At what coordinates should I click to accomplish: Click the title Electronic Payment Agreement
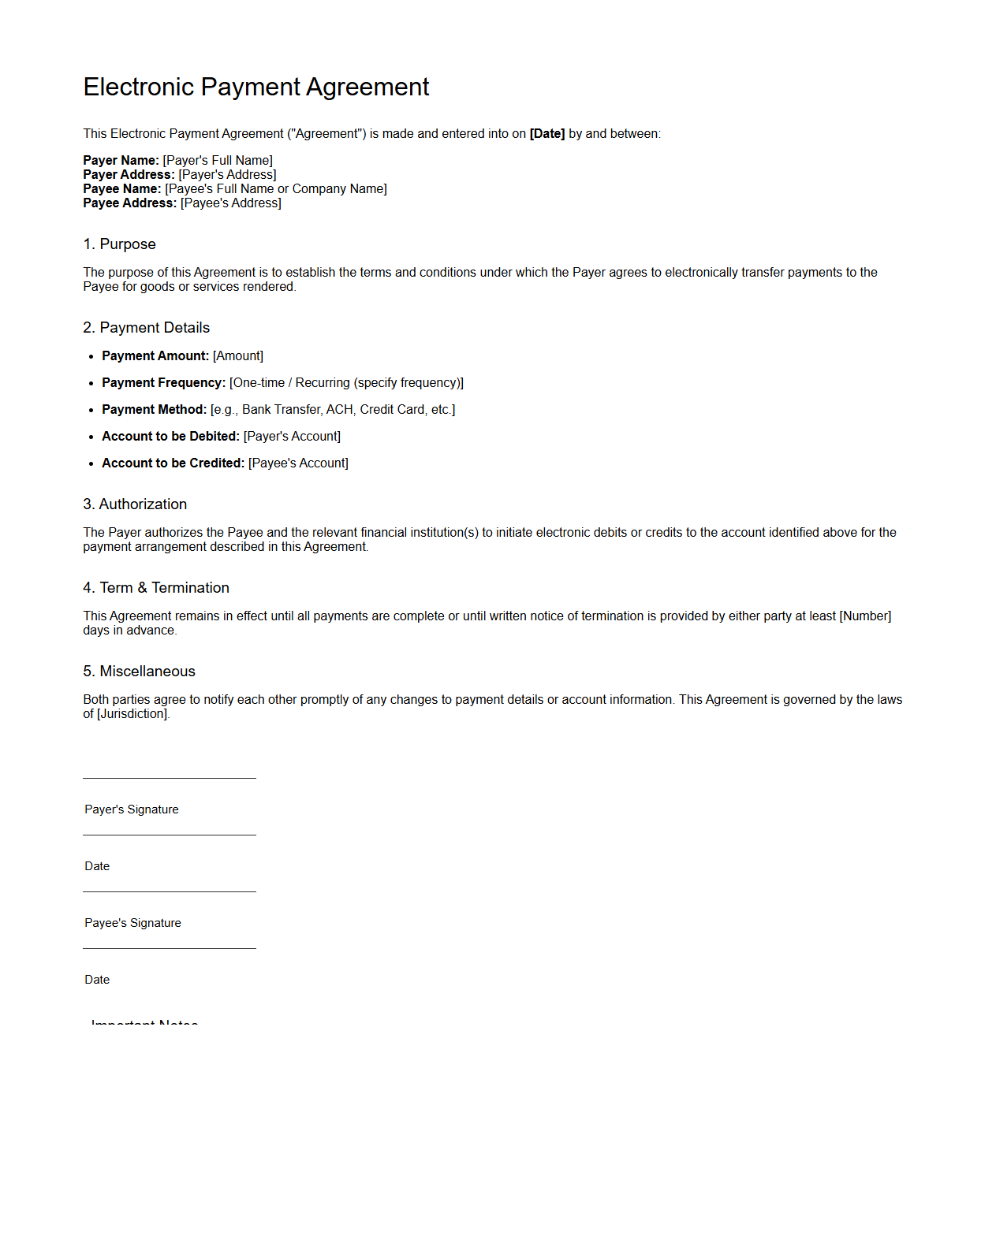[256, 87]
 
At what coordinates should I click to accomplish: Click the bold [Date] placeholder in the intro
[547, 134]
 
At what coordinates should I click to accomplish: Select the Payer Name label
[121, 161]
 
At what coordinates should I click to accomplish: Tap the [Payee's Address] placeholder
[230, 203]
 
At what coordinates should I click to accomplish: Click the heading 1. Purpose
[120, 244]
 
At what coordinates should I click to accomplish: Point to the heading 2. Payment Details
[147, 328]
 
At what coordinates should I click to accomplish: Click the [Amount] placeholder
[238, 356]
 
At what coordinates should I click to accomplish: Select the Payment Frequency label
[163, 383]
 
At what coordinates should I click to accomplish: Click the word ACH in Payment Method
[340, 410]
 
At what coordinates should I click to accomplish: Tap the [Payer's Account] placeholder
[292, 437]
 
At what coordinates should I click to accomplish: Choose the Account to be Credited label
[173, 463]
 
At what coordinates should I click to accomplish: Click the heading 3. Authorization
[135, 504]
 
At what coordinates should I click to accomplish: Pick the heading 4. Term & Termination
[156, 588]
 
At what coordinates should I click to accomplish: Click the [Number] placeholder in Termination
[865, 616]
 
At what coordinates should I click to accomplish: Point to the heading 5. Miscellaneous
[139, 672]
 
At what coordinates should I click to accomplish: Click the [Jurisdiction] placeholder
[132, 714]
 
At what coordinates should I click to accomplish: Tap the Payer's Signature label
[132, 809]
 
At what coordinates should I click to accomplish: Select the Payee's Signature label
[132, 923]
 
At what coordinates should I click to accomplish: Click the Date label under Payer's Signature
[97, 866]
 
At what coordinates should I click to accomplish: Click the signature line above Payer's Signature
[170, 779]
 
